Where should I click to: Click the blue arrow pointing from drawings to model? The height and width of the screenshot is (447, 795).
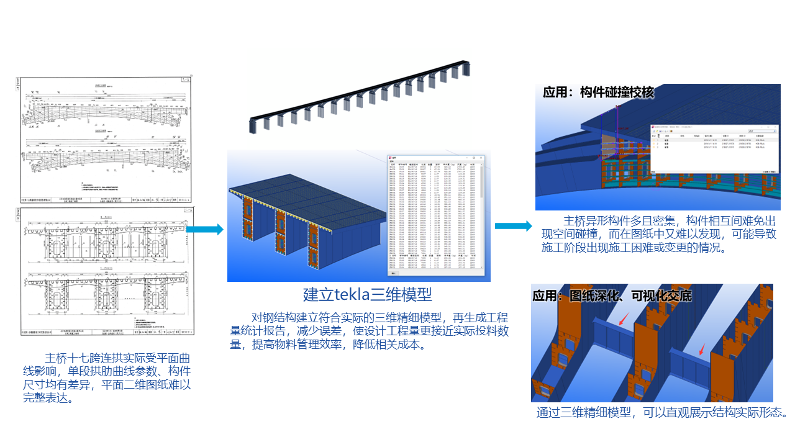(204, 230)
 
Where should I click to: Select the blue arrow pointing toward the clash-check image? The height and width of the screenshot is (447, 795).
(513, 225)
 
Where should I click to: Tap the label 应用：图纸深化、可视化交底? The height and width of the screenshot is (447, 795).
(612, 296)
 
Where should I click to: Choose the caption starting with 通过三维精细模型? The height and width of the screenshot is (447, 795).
(662, 413)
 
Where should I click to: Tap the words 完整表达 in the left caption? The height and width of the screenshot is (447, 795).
(45, 398)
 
